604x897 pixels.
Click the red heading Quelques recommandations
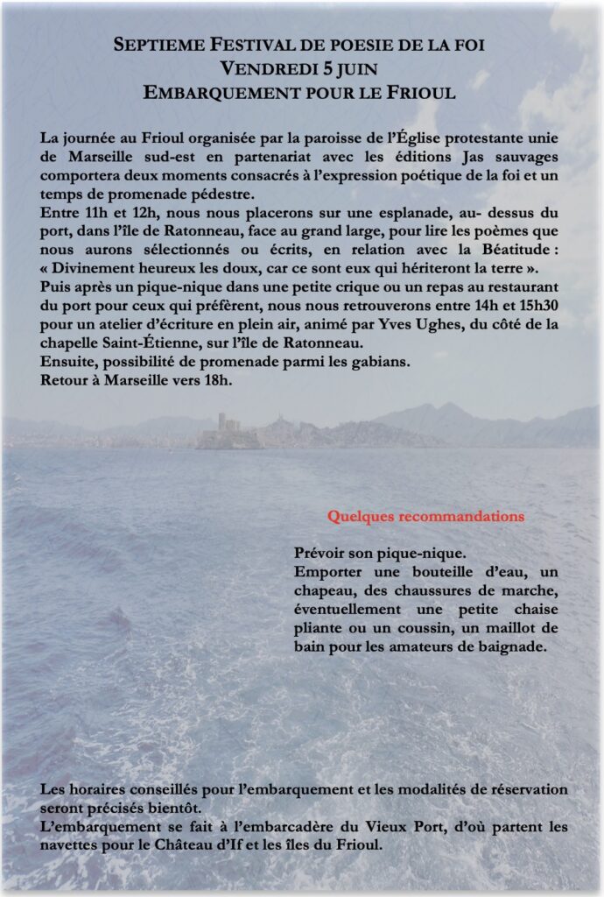(x=425, y=516)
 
